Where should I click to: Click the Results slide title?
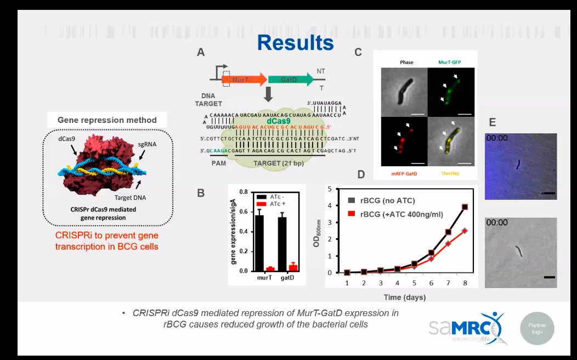coord(295,43)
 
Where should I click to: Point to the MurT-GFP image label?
coord(450,63)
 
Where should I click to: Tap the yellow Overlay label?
coord(450,173)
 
